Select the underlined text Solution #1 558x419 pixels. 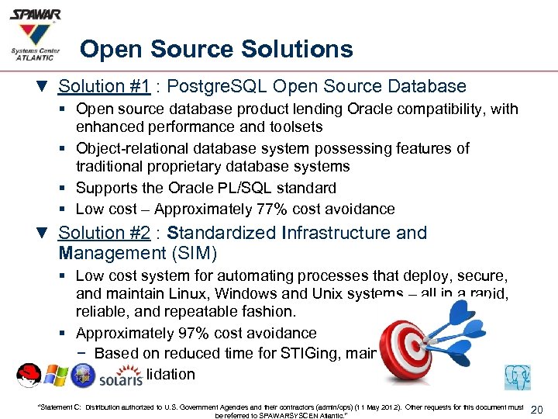point(103,86)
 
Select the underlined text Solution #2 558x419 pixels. point(103,233)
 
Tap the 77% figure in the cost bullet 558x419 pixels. point(305,209)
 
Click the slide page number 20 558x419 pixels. point(540,410)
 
